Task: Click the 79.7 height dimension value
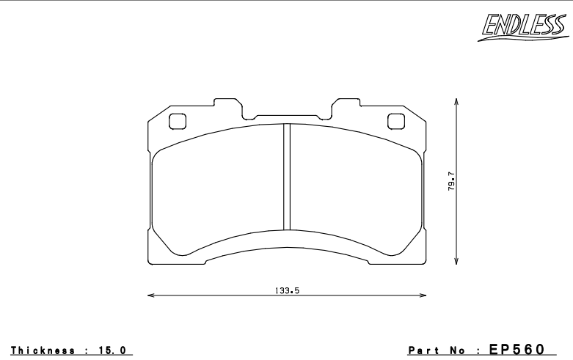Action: pos(451,181)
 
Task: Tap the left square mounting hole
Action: pos(177,122)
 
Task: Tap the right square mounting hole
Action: pos(395,122)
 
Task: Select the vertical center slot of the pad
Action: pos(288,177)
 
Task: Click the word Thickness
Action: pos(40,351)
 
